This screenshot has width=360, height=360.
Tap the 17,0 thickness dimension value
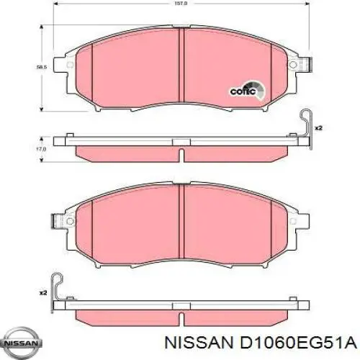[41, 148]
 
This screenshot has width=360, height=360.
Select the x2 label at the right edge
[318, 127]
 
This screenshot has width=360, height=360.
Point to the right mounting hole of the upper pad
[292, 66]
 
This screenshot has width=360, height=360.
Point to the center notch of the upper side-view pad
[181, 140]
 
